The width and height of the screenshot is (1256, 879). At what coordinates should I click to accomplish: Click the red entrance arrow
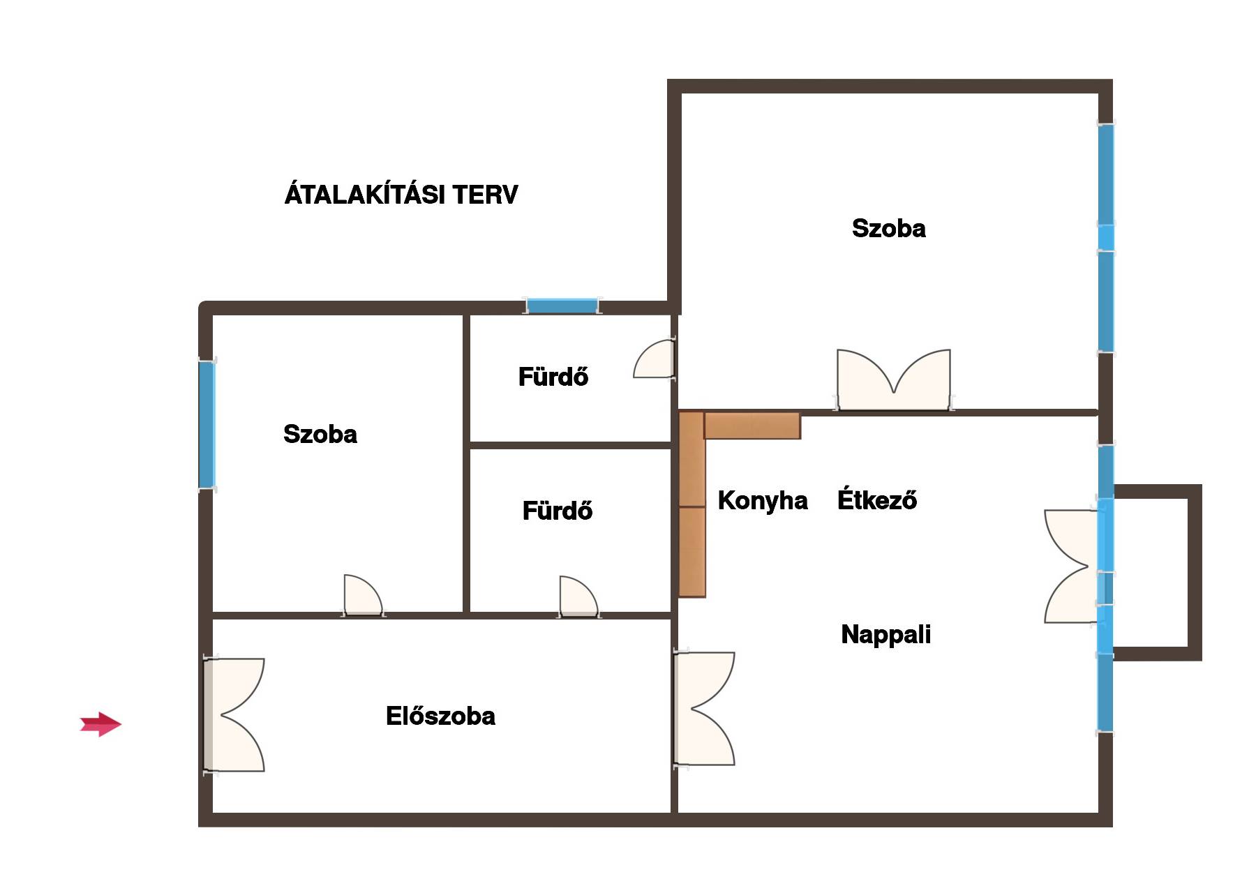(x=101, y=724)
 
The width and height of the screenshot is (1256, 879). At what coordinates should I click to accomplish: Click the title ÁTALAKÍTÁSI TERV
(x=401, y=193)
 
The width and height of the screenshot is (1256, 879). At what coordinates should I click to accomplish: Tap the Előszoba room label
(x=440, y=716)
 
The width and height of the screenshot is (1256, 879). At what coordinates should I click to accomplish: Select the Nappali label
(x=885, y=635)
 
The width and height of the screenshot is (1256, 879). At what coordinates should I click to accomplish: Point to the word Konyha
(x=763, y=500)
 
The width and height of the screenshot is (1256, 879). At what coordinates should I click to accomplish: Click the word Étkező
(x=877, y=499)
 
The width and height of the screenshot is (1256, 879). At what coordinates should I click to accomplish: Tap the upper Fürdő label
(x=553, y=377)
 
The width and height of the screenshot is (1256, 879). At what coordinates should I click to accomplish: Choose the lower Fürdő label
(x=557, y=511)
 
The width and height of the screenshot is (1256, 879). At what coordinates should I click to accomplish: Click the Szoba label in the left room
(x=320, y=434)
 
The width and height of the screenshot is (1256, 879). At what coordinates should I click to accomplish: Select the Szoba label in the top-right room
(x=888, y=228)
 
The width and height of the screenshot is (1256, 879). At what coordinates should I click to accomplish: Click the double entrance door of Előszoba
(x=234, y=715)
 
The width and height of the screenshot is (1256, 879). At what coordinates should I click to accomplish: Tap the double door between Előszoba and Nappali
(x=705, y=709)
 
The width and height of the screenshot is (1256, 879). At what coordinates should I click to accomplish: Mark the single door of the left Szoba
(x=363, y=596)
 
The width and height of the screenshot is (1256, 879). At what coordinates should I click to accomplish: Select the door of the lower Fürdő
(x=578, y=597)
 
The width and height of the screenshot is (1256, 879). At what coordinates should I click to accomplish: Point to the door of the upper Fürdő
(x=655, y=359)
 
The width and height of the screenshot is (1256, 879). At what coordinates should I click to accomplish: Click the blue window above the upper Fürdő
(x=562, y=306)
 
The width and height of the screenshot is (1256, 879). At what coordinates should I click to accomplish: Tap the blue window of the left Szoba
(x=207, y=425)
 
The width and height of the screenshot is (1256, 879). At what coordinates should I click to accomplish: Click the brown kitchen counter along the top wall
(x=752, y=426)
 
